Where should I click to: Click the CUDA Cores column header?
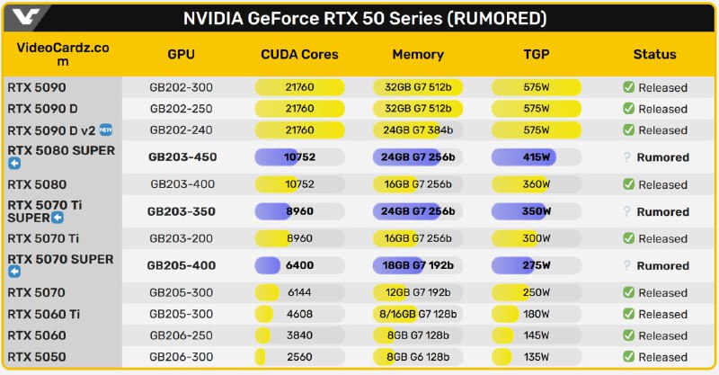pos(299,55)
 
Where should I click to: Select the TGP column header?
pos(537,55)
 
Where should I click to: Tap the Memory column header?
pos(418,55)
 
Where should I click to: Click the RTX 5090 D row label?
pos(43,109)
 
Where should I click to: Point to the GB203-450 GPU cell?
pos(182,157)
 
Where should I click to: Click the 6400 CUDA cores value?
pos(299,266)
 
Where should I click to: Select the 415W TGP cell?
pos(536,157)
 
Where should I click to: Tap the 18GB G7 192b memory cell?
pos(418,266)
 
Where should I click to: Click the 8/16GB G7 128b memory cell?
pos(418,315)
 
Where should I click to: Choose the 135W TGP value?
pos(536,357)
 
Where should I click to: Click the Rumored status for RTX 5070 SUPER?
pos(662,266)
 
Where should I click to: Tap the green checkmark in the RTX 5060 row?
pos(629,336)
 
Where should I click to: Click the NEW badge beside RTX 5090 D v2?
pos(105,129)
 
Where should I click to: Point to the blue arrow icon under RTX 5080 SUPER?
pos(13,164)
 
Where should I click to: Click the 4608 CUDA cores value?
pos(299,315)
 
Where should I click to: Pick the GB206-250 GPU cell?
pos(182,336)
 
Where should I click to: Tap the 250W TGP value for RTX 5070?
pos(536,293)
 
